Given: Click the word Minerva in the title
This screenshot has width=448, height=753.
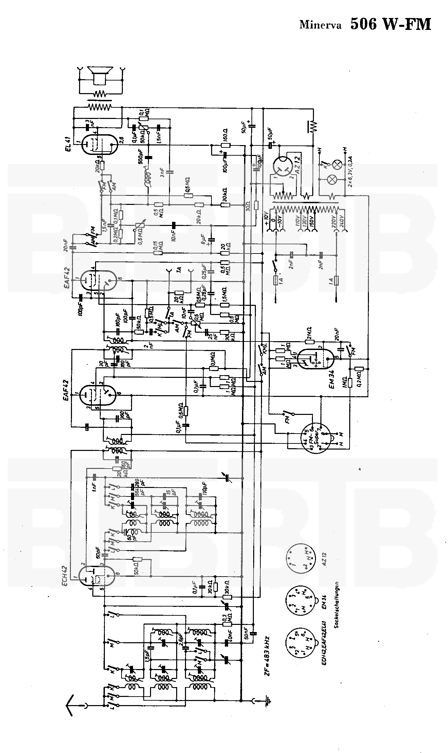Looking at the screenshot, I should tap(320, 25).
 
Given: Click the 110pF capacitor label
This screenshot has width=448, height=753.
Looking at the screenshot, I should tap(205, 490).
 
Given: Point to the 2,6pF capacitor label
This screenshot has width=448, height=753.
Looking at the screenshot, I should tap(182, 639).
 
